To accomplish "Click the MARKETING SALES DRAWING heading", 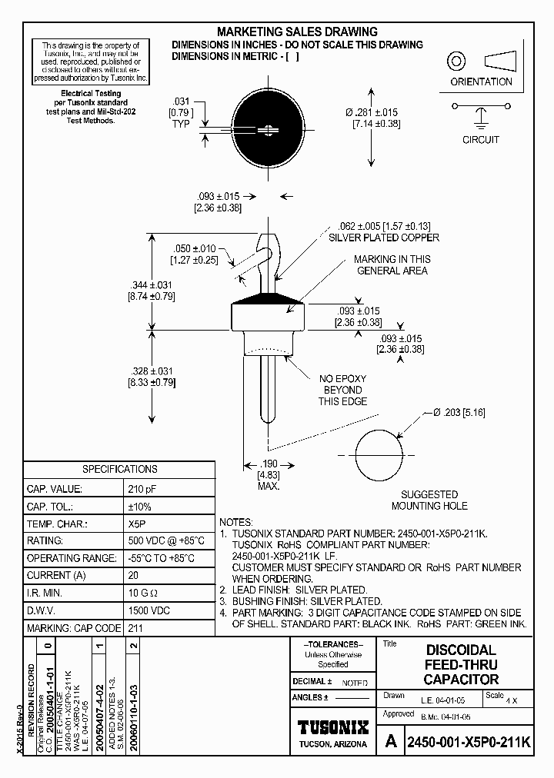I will pos(297,32).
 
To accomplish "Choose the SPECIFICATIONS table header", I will pos(119,469).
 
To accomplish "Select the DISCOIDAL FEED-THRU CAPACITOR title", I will pos(462,665).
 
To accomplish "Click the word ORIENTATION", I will pos(480,82).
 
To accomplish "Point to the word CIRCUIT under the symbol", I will pos(481,140).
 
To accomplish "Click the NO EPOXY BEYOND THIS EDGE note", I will pos(342,390).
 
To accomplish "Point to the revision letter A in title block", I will pos(391,743).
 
